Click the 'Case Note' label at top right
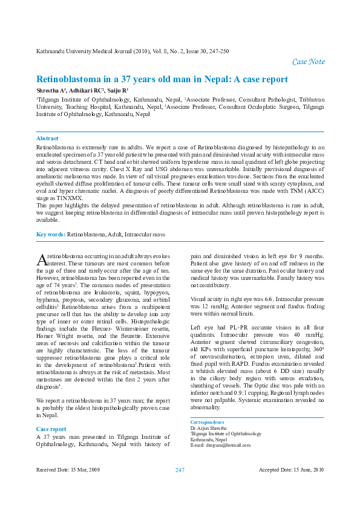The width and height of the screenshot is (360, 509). coord(308,62)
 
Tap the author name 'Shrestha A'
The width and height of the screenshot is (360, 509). coord(51,90)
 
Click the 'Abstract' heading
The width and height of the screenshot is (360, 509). coord(48,138)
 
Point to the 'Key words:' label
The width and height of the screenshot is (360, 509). coord(51,233)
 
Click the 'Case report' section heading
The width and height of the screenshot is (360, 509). coord(51,412)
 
